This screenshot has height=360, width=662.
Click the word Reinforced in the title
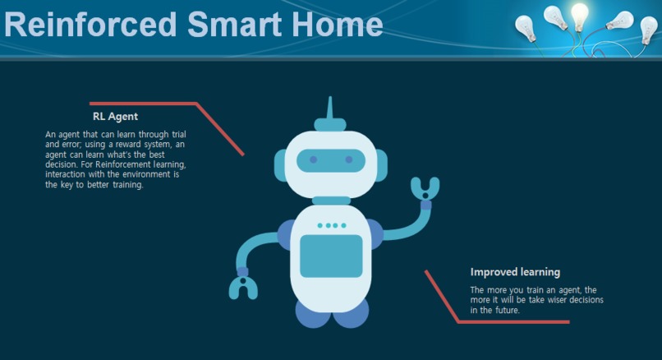[90, 24]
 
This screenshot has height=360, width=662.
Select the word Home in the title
[339, 24]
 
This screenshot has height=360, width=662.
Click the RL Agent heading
[115, 117]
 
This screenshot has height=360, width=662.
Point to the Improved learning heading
[515, 272]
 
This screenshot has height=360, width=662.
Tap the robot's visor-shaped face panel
[331, 159]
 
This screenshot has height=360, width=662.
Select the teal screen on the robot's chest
[331, 256]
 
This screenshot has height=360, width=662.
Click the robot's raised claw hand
[425, 189]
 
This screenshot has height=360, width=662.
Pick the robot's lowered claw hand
[243, 285]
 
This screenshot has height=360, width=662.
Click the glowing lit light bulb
[580, 16]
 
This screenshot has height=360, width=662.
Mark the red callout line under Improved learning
[493, 321]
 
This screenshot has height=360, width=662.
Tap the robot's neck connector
[331, 200]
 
